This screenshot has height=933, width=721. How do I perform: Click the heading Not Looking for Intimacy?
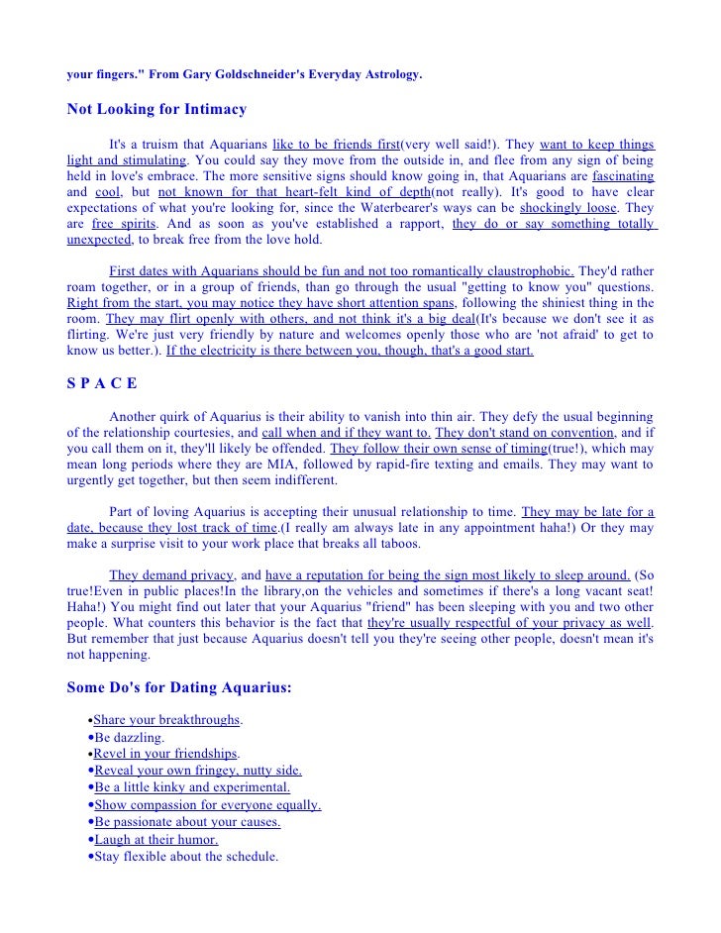tap(155, 109)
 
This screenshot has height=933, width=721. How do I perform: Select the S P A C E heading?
tap(102, 383)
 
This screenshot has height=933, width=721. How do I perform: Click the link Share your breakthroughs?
tap(165, 719)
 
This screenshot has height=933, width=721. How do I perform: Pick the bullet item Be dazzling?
tap(129, 738)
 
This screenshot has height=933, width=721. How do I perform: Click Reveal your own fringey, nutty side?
tap(197, 771)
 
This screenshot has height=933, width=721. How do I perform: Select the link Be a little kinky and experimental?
tap(192, 787)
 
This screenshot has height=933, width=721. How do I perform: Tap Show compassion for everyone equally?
tap(207, 805)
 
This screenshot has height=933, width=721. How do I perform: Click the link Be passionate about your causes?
tap(187, 822)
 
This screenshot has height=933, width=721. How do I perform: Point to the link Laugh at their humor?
tap(155, 839)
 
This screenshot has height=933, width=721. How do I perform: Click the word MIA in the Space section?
tap(300, 465)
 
